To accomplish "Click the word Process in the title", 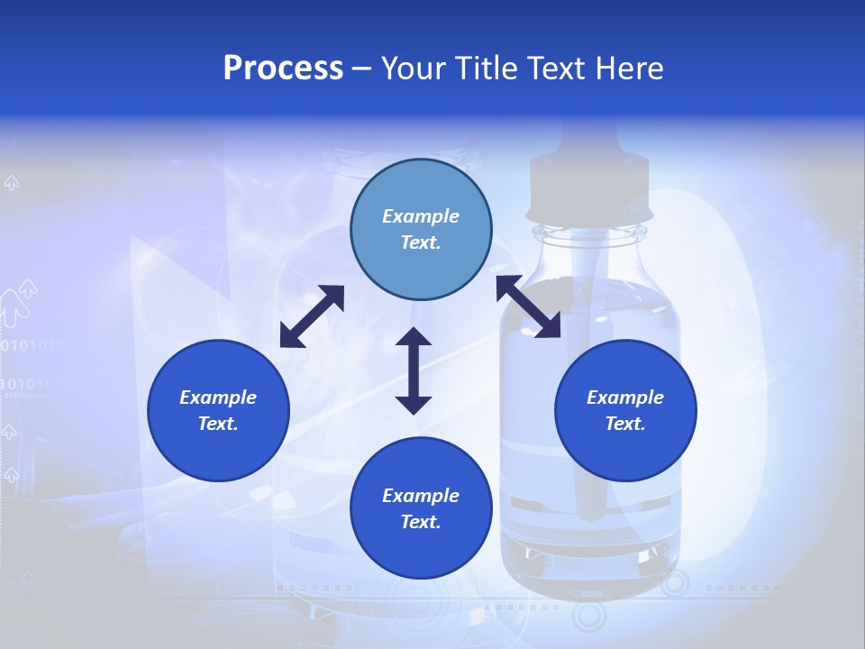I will [x=283, y=69].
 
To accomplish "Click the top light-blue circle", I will [x=421, y=230].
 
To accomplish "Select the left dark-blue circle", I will [x=218, y=411].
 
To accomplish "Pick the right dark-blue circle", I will [x=625, y=411].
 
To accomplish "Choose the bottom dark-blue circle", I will [x=421, y=508].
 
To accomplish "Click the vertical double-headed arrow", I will [x=414, y=370].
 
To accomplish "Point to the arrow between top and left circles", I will [x=312, y=316].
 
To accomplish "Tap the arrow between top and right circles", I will [x=528, y=306].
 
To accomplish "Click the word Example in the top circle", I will [x=421, y=216].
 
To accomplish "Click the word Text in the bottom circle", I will [x=421, y=522].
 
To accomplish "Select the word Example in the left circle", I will [x=218, y=398].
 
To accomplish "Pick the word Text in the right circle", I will [x=625, y=424].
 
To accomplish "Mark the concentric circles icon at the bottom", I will [x=590, y=617].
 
